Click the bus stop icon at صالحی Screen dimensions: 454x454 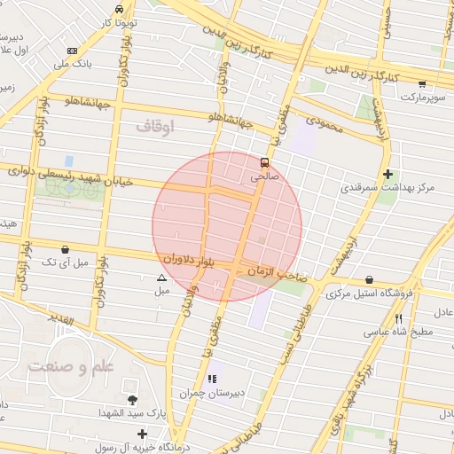264,162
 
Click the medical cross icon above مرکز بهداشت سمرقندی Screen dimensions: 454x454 387,175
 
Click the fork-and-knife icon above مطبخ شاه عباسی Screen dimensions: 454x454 399,318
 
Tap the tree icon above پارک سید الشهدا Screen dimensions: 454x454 133,401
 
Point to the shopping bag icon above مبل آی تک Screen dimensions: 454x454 66,249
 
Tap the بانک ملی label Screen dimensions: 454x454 73,65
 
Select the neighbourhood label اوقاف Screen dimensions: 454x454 156,127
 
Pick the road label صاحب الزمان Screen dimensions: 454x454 277,273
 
